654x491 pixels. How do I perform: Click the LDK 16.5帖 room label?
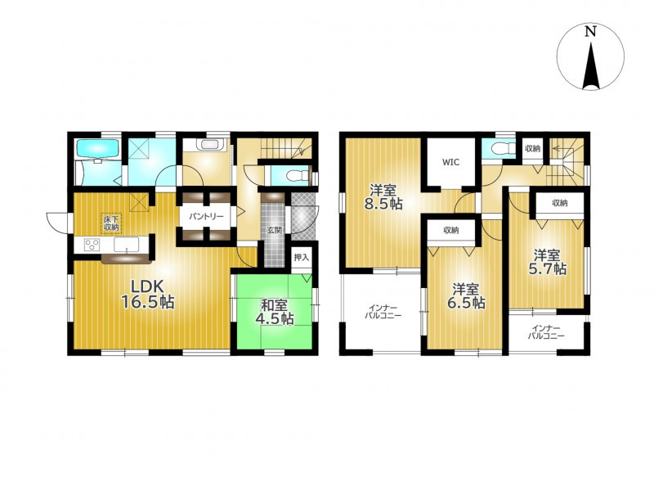coord(147,294)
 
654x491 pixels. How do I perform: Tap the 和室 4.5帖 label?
coord(275,312)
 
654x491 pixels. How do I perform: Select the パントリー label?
coord(206,217)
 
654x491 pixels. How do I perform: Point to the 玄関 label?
coord(274,230)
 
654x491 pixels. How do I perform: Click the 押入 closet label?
coord(301,258)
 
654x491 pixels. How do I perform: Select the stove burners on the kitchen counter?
coord(92,245)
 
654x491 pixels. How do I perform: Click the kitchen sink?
coord(127,245)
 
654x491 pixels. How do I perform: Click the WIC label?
coord(450,162)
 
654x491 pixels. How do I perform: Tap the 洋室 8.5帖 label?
coord(383,197)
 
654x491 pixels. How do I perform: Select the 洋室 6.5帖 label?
coord(465,296)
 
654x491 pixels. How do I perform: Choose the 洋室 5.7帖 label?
coord(547,262)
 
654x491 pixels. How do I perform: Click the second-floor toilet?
coord(499,148)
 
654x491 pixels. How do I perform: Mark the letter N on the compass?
coord(589,32)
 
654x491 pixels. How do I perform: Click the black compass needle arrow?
coord(590,65)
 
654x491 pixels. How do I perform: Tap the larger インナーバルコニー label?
coord(383,312)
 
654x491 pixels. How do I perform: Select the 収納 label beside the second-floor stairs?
coord(533,148)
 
